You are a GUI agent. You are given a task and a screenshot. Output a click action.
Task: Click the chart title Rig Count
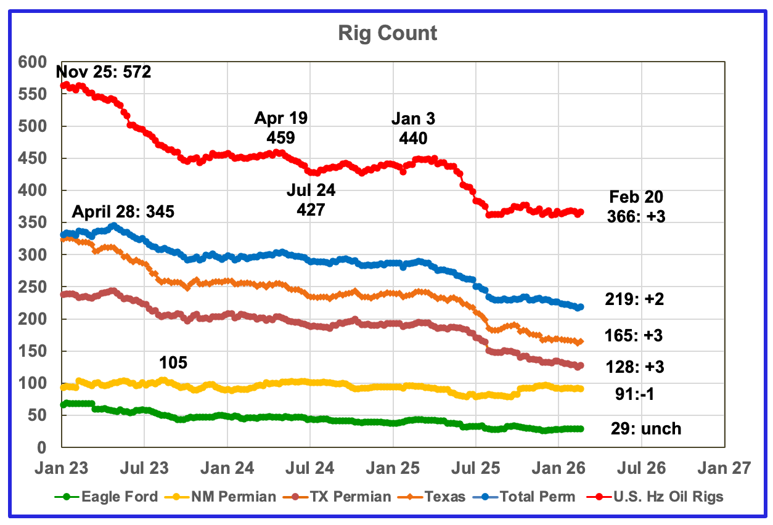pyautogui.click(x=387, y=32)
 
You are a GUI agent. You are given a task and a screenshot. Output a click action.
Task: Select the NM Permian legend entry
pyautogui.click(x=227, y=496)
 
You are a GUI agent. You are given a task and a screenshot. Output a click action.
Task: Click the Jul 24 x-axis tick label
pyautogui.click(x=310, y=468)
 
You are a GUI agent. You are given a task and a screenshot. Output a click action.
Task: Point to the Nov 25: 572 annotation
pyautogui.click(x=104, y=73)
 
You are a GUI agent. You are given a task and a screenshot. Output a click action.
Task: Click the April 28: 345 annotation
pyautogui.click(x=123, y=213)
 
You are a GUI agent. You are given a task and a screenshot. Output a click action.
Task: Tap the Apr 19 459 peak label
pyautogui.click(x=281, y=128)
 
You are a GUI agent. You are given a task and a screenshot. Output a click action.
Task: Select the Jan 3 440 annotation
pyautogui.click(x=412, y=128)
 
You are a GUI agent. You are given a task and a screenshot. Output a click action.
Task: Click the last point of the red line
pyautogui.click(x=580, y=213)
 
